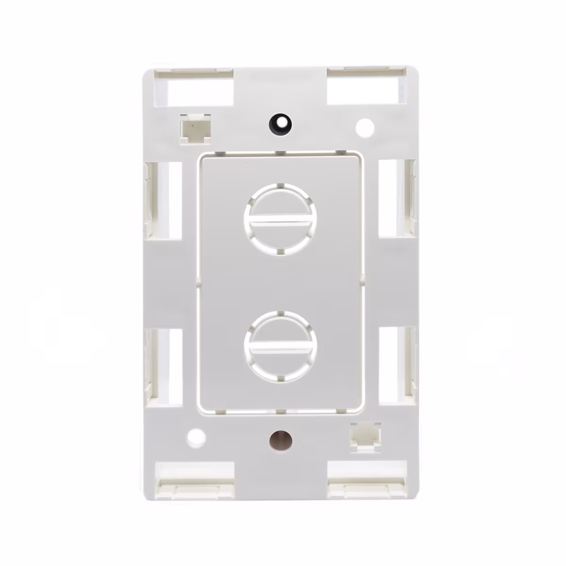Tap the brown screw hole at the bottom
pyautogui.click(x=281, y=441)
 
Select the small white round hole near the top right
pyautogui.click(x=365, y=127)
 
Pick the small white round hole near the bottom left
pyautogui.click(x=196, y=438)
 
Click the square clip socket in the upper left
pyautogui.click(x=195, y=128)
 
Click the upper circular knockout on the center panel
pyautogui.click(x=279, y=220)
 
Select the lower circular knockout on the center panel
pyautogui.click(x=279, y=346)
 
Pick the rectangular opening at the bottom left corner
pyautogui.click(x=195, y=479)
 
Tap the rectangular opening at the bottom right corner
pyautogui.click(x=366, y=479)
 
